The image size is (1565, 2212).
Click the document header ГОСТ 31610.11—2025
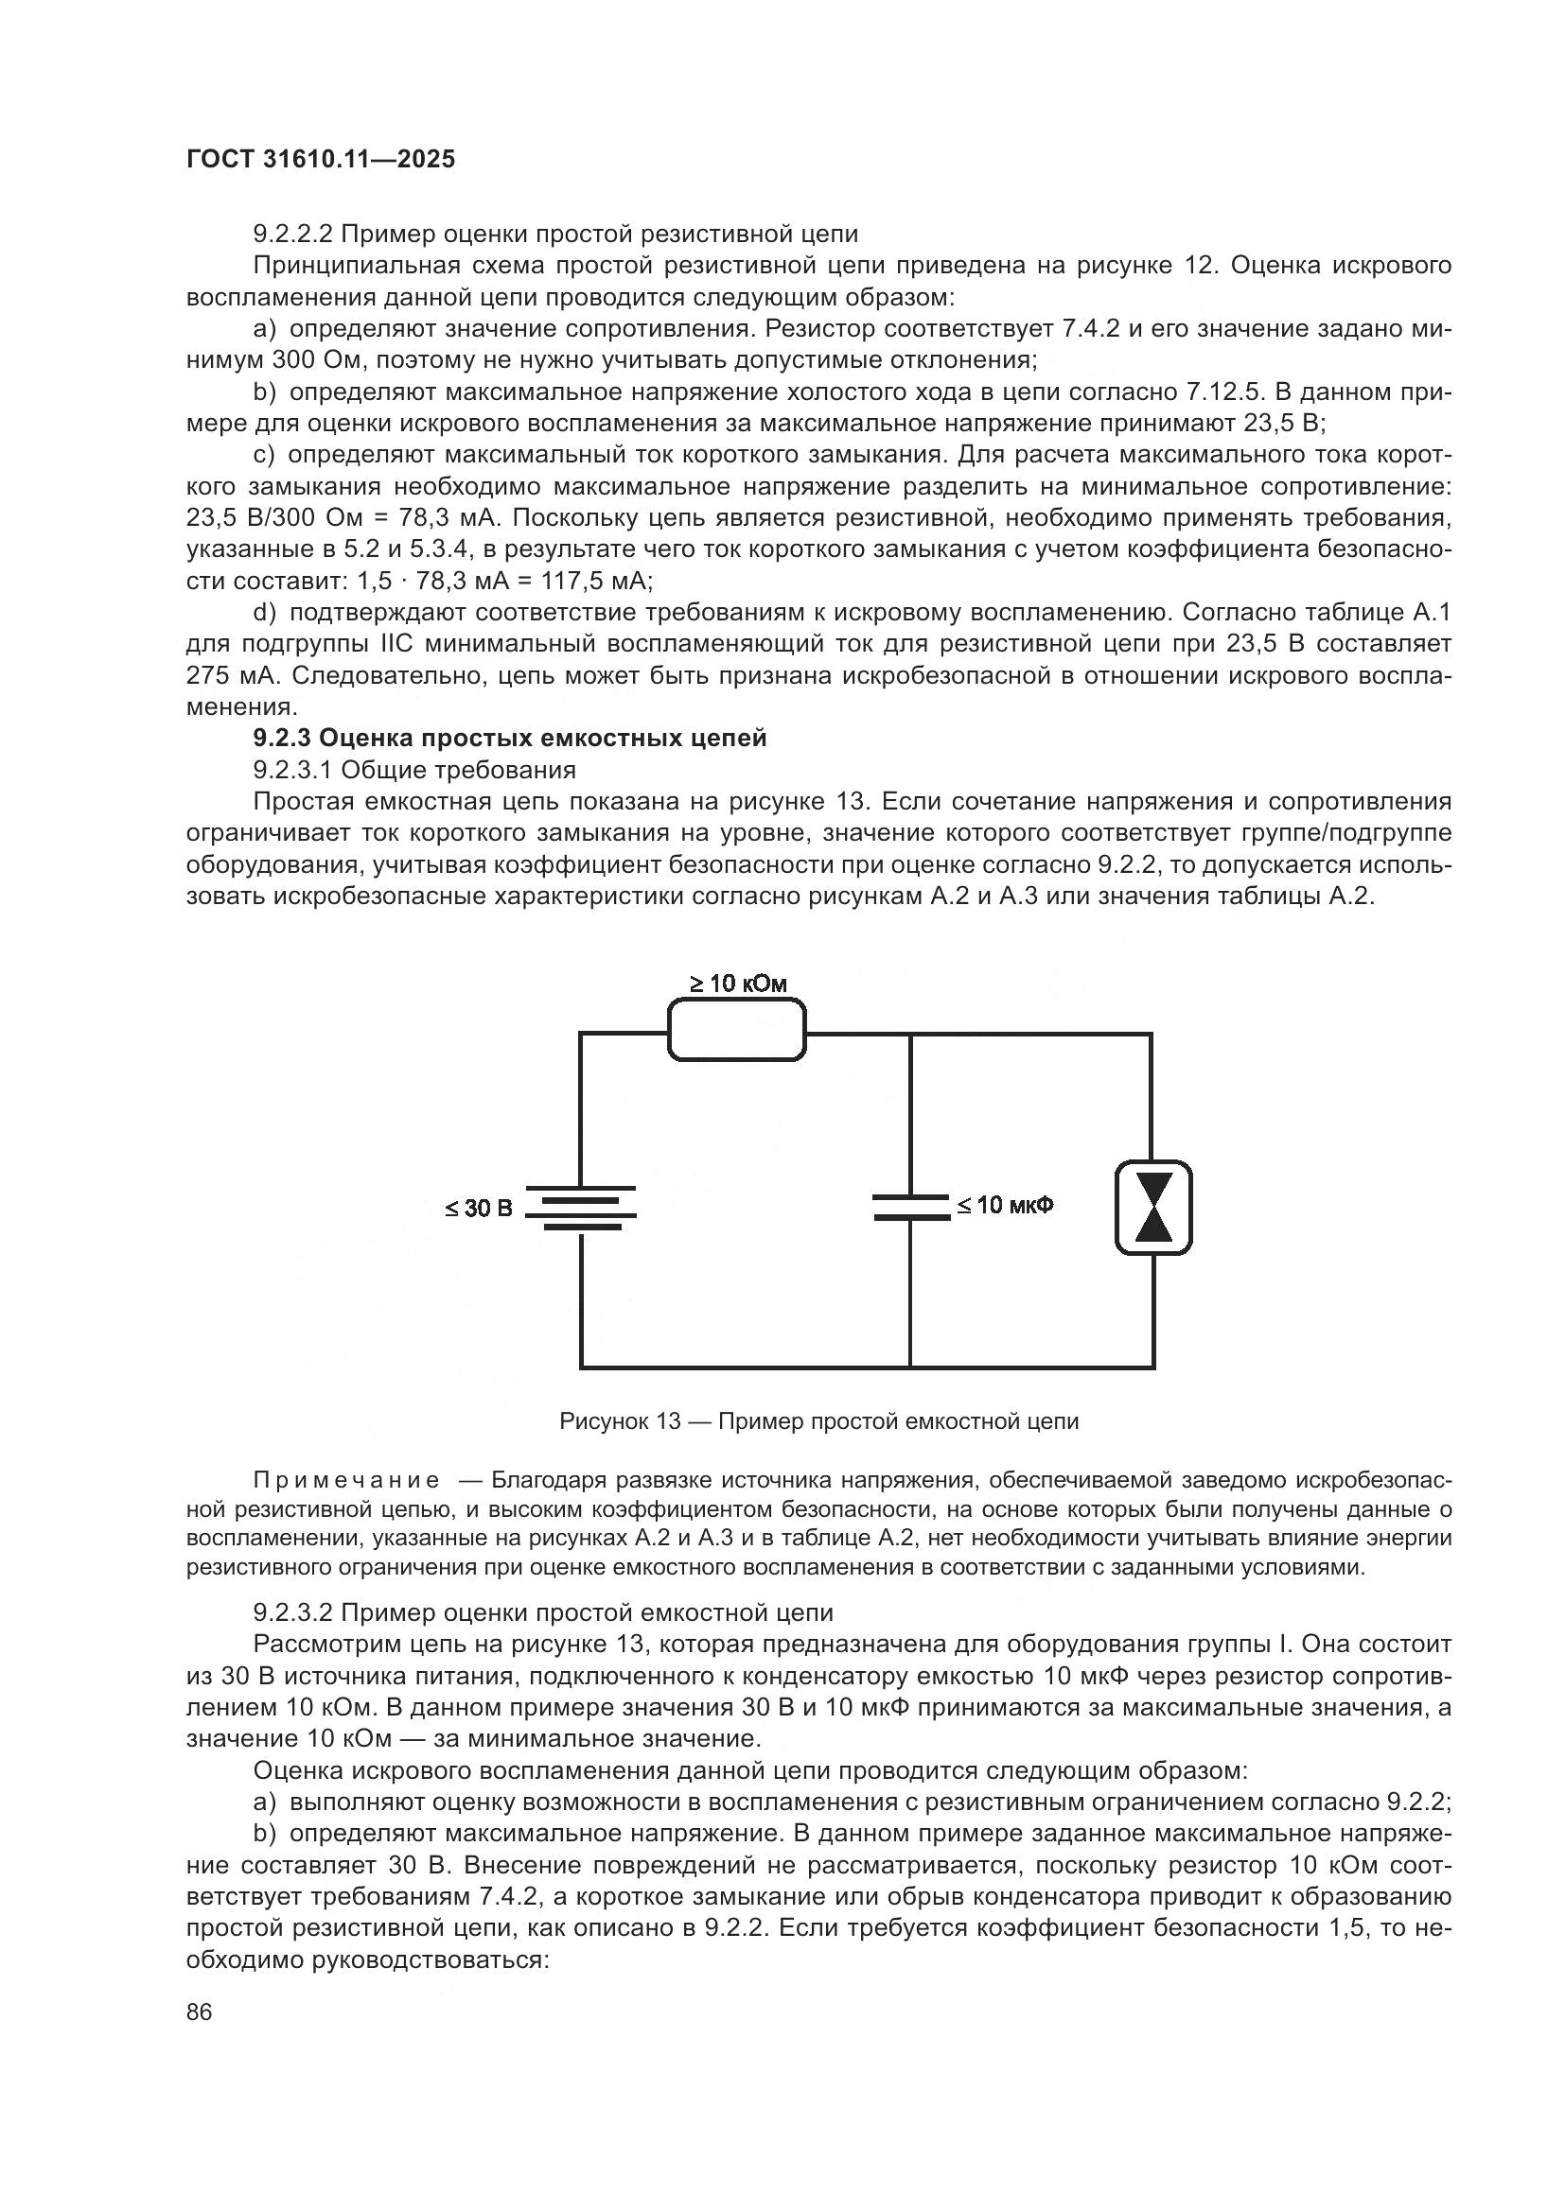[x=320, y=160]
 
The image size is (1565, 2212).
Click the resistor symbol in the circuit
[x=736, y=1030]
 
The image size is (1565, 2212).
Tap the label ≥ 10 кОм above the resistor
[x=737, y=984]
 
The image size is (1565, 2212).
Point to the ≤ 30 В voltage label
[x=479, y=1208]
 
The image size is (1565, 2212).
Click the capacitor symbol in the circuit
[x=910, y=1207]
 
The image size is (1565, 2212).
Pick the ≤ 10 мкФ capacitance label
[x=1004, y=1205]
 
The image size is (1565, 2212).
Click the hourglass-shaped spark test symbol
[x=1153, y=1207]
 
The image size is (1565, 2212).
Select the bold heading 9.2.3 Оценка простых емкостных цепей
[x=510, y=738]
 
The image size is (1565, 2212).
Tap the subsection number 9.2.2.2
[x=292, y=235]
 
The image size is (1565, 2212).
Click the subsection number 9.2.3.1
[x=292, y=770]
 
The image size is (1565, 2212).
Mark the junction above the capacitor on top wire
[x=910, y=1034]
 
